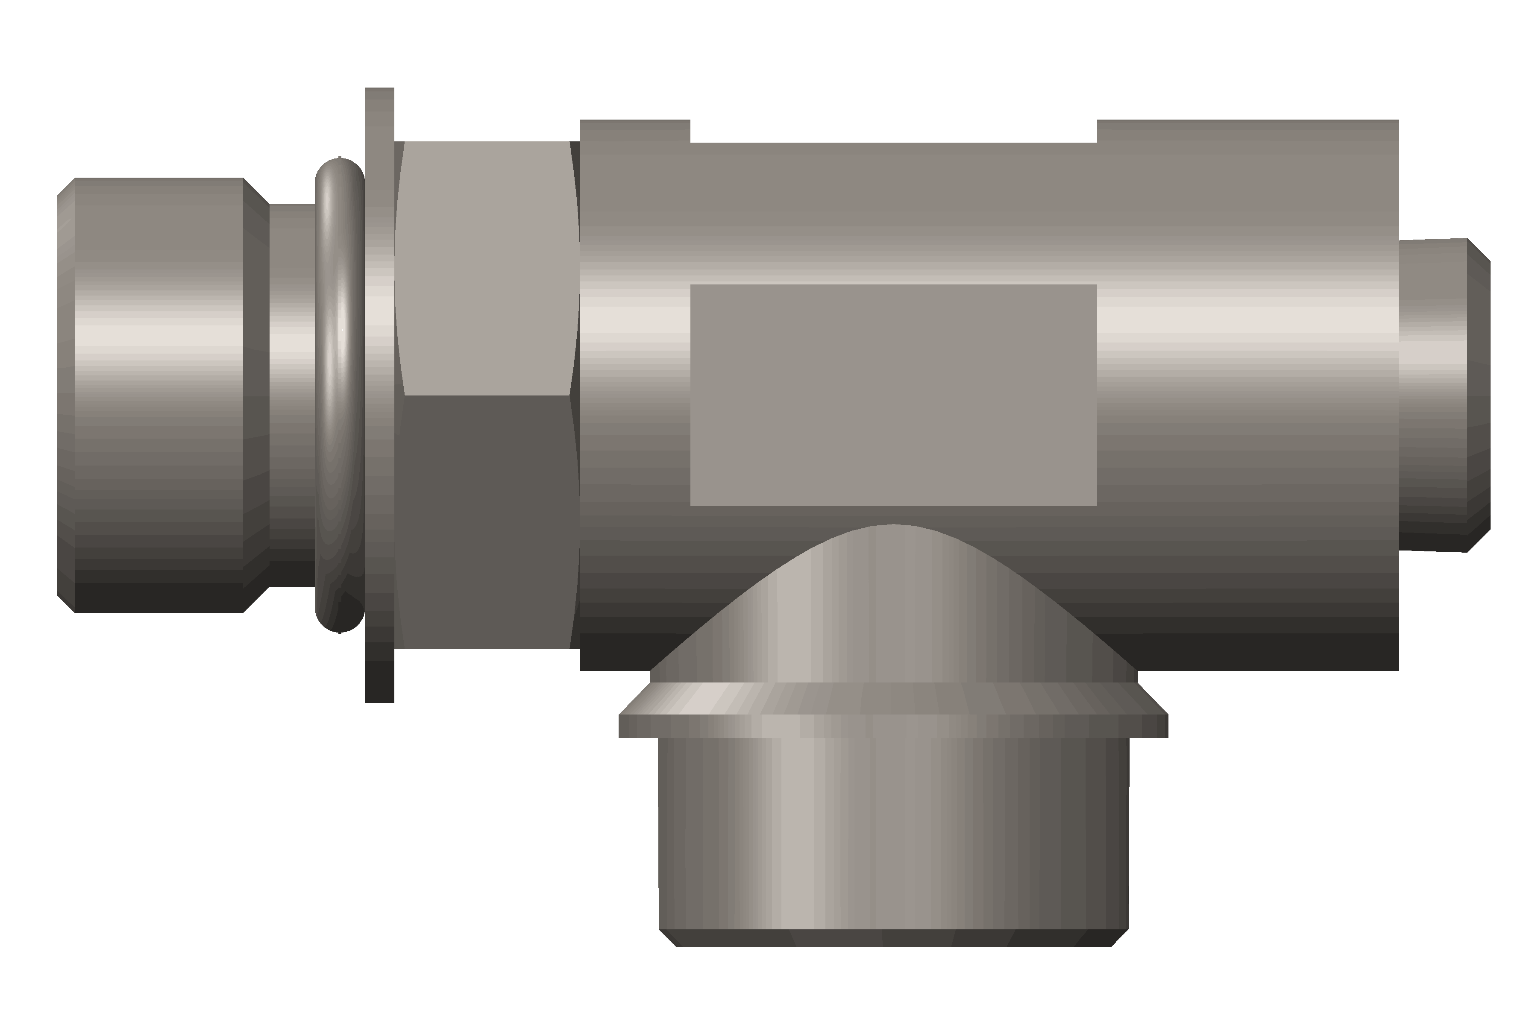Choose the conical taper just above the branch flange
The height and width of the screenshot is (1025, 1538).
[x=893, y=700]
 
